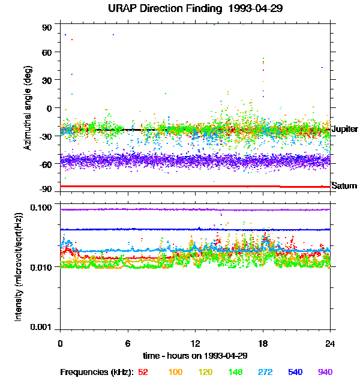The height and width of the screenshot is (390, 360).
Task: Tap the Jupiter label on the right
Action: [x=344, y=130]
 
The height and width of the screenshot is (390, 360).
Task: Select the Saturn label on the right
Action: [x=344, y=186]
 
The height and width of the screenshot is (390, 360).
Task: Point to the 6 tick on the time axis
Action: [x=127, y=344]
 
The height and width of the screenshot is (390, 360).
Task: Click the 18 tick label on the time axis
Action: [x=262, y=344]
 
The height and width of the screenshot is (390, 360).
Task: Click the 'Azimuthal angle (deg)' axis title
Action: [x=28, y=108]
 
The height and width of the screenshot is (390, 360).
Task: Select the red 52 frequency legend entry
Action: [x=143, y=372]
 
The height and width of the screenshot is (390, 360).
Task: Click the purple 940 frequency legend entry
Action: [x=325, y=372]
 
